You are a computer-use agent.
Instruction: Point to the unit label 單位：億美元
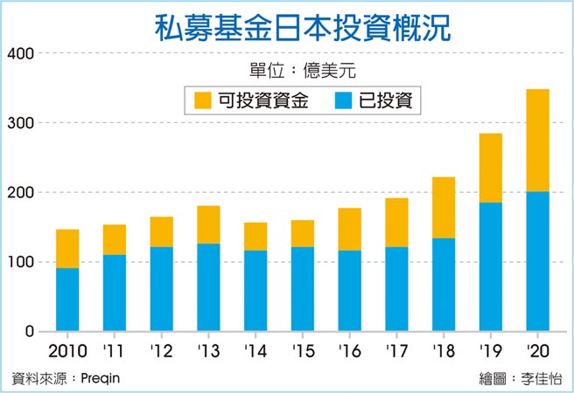[x=302, y=70]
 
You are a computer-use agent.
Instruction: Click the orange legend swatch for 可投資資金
[x=204, y=100]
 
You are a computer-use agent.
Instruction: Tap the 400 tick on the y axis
[x=20, y=54]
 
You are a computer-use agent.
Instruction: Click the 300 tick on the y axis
[x=20, y=123]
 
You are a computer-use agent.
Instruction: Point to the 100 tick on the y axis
[x=20, y=262]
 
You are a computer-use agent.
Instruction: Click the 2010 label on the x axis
[x=67, y=352]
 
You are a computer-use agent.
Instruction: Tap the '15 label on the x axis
[x=302, y=352]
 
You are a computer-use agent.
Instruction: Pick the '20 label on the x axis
[x=537, y=352]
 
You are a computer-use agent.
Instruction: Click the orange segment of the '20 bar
[x=537, y=140]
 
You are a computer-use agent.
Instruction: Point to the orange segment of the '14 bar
[x=255, y=237]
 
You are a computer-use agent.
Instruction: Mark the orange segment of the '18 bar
[x=444, y=207]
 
